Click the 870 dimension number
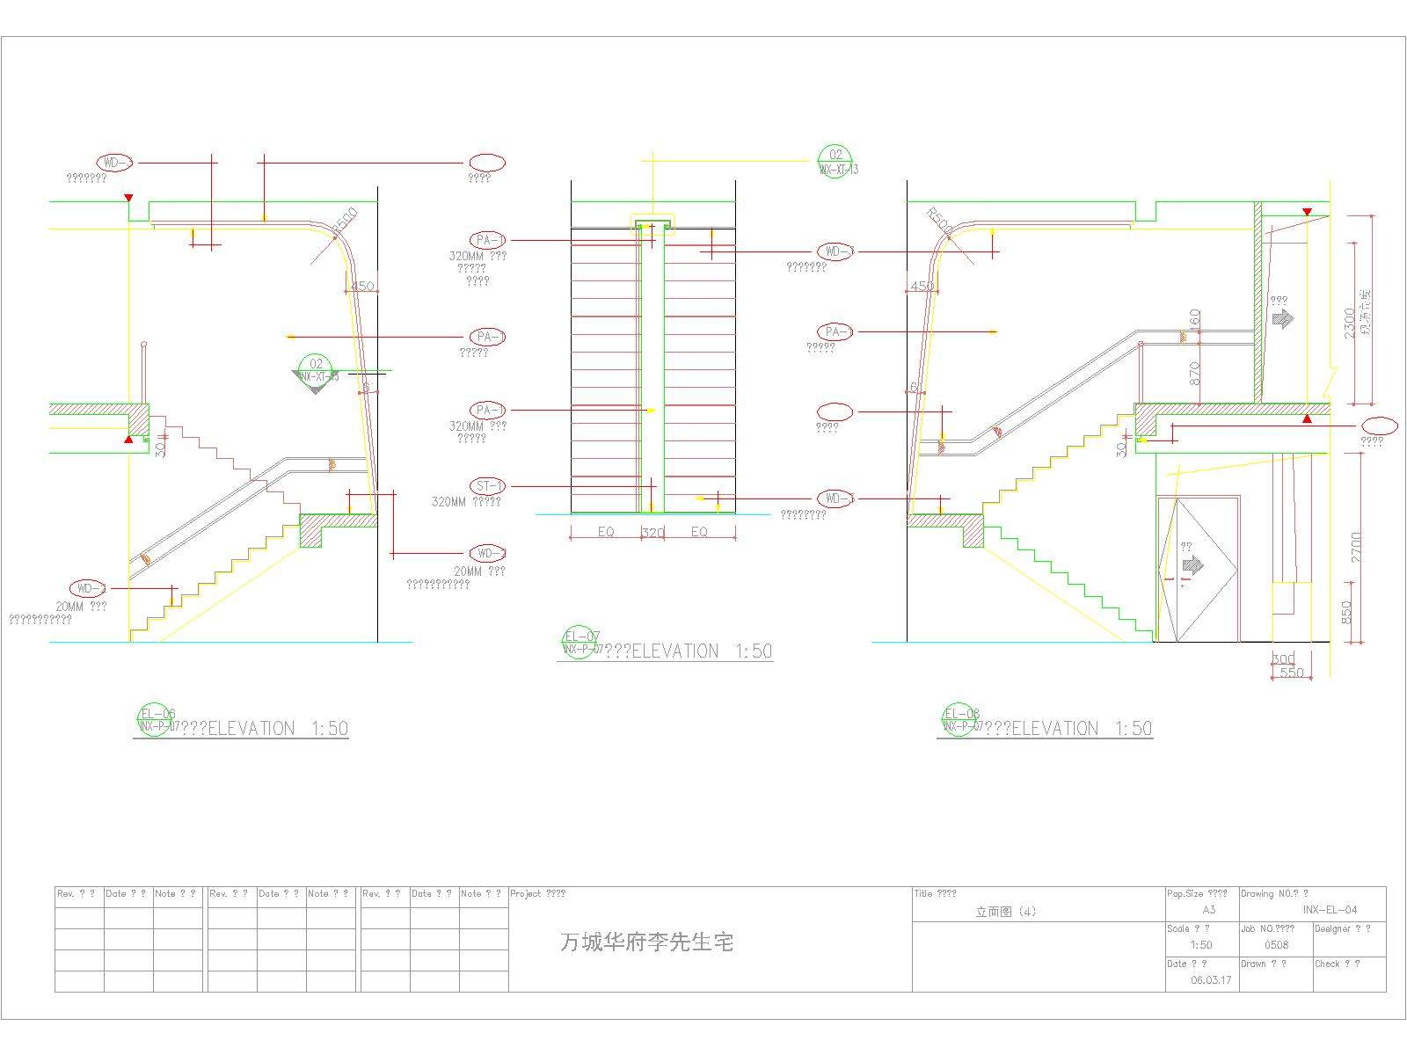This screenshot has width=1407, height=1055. click(1194, 373)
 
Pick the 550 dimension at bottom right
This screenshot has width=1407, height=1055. click(1291, 673)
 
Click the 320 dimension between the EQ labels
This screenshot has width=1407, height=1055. click(652, 532)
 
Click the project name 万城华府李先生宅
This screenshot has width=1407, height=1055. click(646, 943)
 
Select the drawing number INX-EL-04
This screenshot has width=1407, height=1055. click(1330, 910)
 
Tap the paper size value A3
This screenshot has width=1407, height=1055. click(1208, 910)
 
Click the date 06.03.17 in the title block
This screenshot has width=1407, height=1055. click(1211, 980)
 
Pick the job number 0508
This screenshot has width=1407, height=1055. click(1276, 945)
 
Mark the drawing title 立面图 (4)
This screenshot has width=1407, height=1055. click(1005, 912)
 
